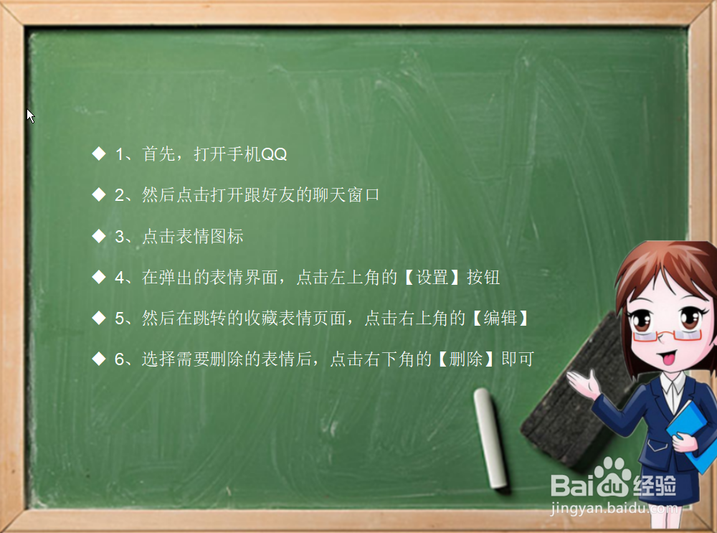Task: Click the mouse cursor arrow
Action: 30,115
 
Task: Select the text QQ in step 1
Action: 274,154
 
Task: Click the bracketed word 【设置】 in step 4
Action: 432,277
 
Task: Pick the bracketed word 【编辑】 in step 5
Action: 500,318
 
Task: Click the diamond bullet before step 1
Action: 99,154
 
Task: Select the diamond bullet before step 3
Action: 99,236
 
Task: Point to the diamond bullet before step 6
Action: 99,359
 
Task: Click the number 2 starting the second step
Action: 119,195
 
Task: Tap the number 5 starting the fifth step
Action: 119,318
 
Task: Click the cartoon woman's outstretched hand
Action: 582,384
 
